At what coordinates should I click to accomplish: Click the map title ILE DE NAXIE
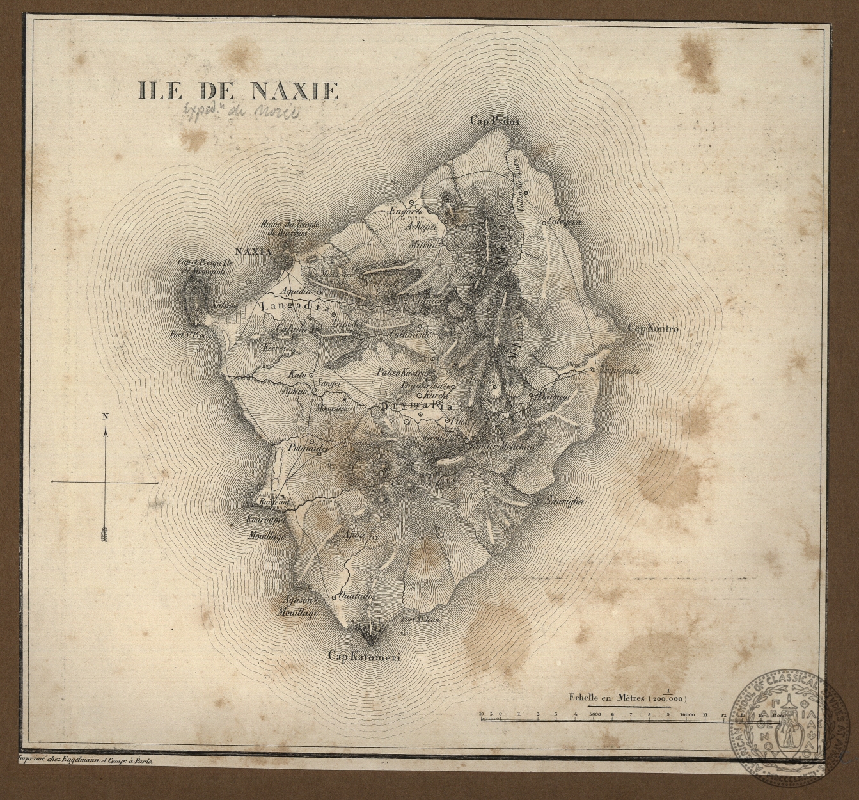pos(237,90)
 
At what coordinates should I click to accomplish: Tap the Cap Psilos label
pos(495,120)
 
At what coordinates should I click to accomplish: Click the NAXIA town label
pos(254,252)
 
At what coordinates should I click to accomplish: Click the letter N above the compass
pos(106,417)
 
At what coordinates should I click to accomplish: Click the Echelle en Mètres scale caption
pos(603,698)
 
